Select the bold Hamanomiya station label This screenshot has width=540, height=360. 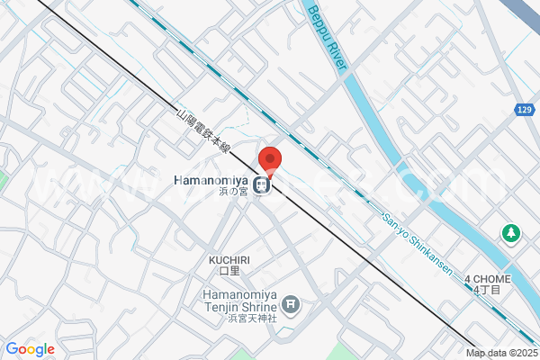(x=211, y=179)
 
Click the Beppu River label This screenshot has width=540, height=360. (x=327, y=40)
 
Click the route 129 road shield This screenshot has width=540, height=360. (x=525, y=110)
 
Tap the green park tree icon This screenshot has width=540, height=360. (x=510, y=233)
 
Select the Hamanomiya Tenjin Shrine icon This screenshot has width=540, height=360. (x=290, y=306)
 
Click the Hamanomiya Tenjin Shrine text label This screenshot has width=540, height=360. (x=237, y=301)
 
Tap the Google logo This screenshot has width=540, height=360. (x=30, y=349)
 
